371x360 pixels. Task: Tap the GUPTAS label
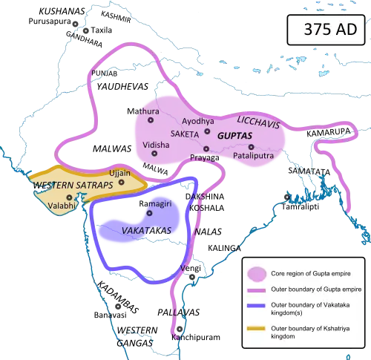[x=234, y=137]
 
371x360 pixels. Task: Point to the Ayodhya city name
[x=198, y=120]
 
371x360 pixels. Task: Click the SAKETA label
[x=185, y=134]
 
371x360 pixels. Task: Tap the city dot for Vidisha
[x=154, y=154]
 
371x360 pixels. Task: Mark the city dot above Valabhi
[x=69, y=196]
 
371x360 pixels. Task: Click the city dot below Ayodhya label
[x=207, y=131]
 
